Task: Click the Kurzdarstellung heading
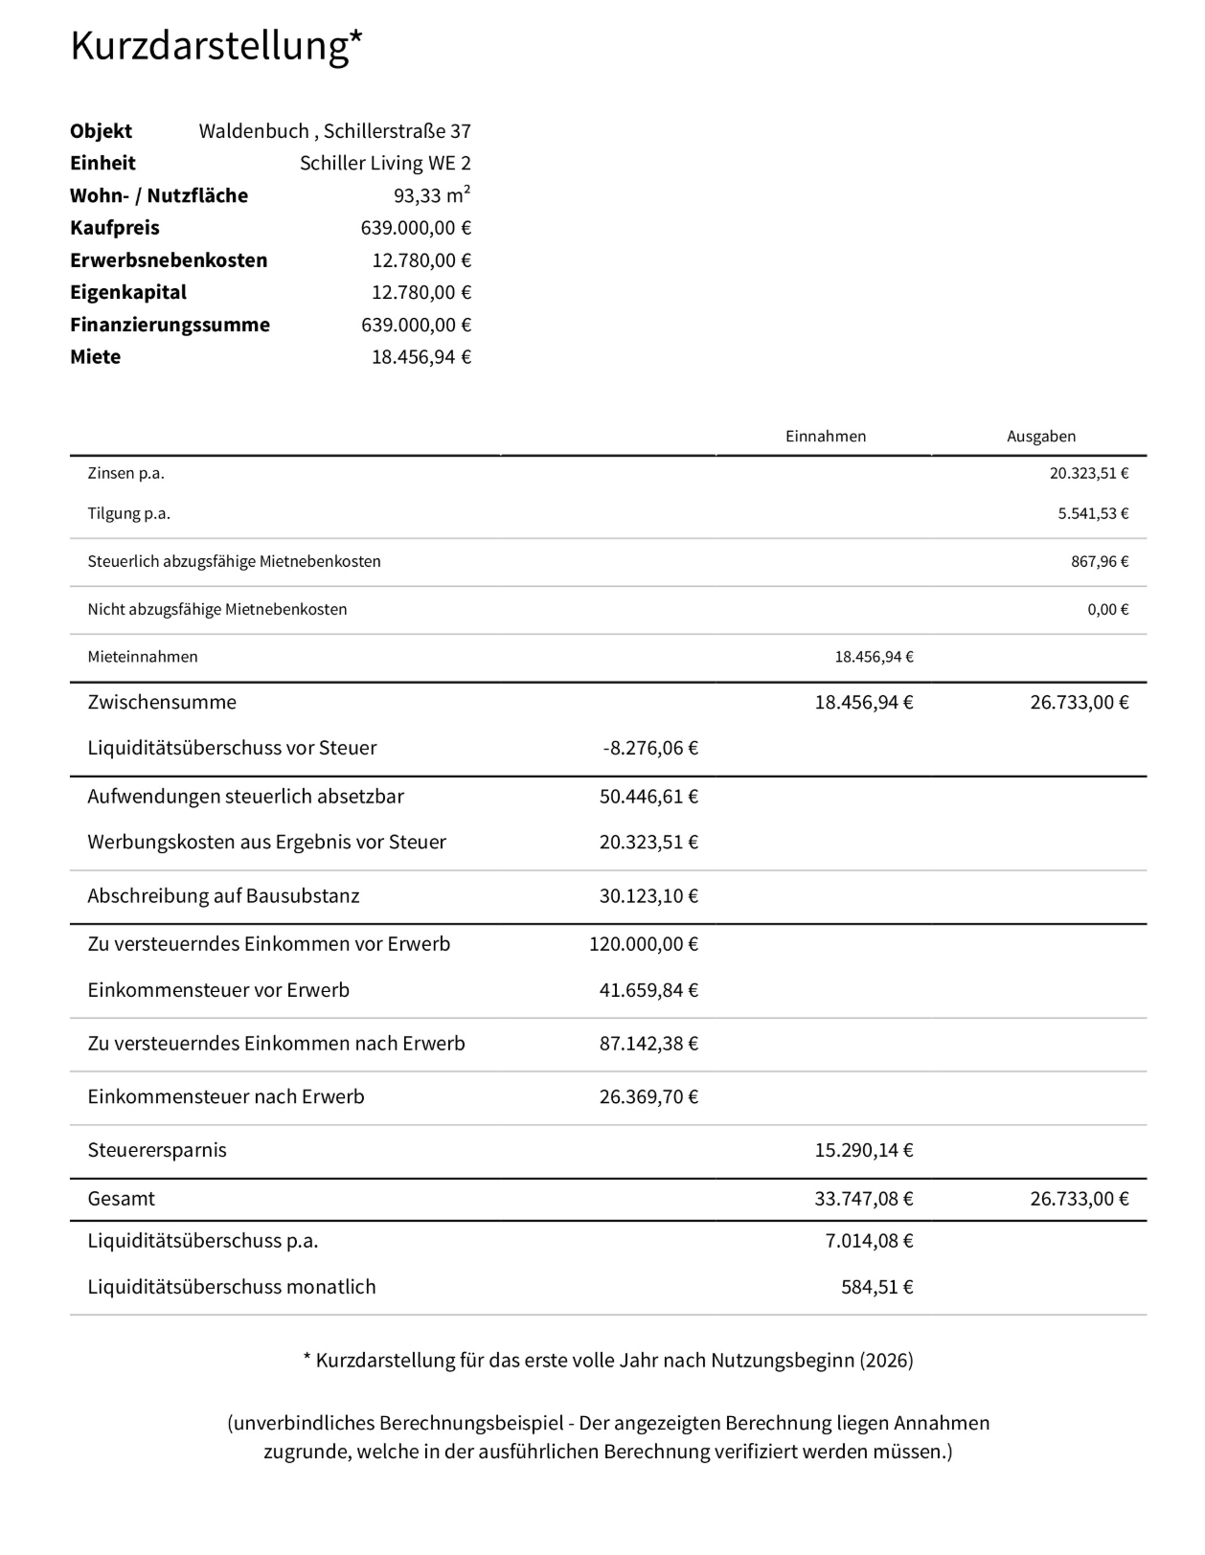tap(216, 46)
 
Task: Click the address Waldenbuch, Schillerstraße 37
tap(334, 131)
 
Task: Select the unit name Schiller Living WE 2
tap(385, 163)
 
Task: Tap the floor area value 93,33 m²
tap(431, 195)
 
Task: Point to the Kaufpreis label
tap(115, 228)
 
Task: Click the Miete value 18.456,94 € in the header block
tap(421, 357)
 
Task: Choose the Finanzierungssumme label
tap(170, 325)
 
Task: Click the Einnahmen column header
tap(825, 437)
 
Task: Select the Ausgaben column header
tap(1040, 437)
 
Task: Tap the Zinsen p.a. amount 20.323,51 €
tap(1088, 473)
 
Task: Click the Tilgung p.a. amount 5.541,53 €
tap(1092, 513)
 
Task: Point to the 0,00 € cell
tap(1107, 609)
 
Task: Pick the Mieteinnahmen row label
tap(143, 657)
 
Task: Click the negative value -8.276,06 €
tap(649, 748)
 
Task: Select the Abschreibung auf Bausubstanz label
tap(223, 896)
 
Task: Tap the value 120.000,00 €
tap(643, 944)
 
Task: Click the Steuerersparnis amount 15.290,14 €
tap(863, 1150)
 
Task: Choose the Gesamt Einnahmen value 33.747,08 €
tap(863, 1199)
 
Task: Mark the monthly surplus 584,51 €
tap(876, 1287)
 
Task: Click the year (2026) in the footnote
tap(886, 1361)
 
